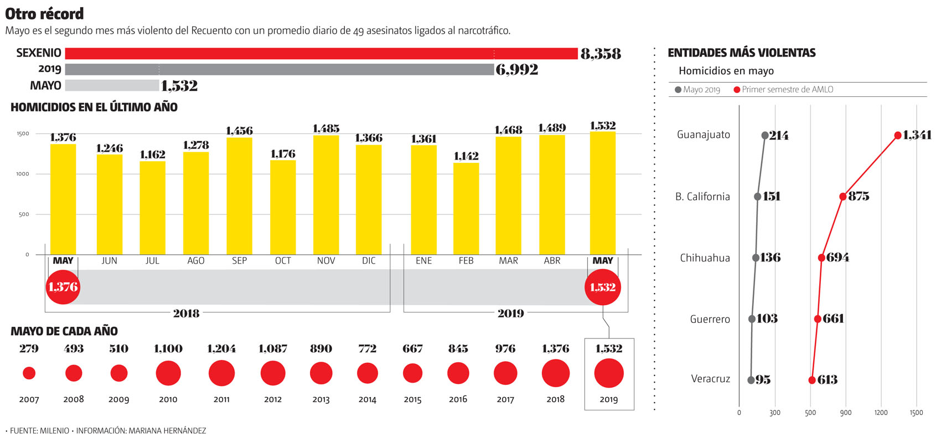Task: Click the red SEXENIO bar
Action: (321, 53)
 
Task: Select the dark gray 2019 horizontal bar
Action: (280, 69)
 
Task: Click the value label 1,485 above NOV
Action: (326, 128)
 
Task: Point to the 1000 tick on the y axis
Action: (23, 174)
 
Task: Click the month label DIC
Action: (369, 261)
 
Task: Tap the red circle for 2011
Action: (221, 373)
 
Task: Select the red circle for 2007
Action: (29, 373)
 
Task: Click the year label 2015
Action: (412, 399)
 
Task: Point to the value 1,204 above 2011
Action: (221, 349)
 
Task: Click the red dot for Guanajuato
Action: (898, 135)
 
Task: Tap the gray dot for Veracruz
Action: (751, 380)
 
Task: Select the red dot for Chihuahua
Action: (821, 258)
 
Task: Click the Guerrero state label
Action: (710, 319)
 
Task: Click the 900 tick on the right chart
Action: (845, 413)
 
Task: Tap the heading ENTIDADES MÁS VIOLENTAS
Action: (742, 53)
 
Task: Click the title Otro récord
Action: (44, 14)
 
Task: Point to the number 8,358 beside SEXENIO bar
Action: (601, 54)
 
